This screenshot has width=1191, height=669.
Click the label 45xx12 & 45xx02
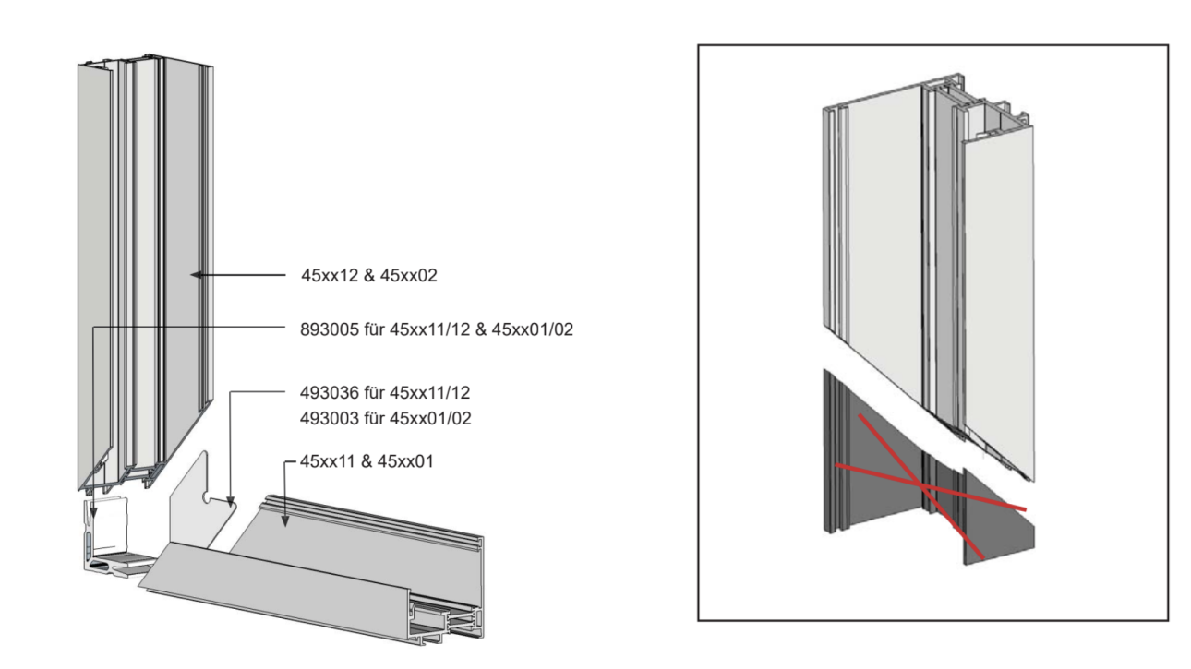pos(369,275)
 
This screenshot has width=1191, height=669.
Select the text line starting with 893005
pos(437,329)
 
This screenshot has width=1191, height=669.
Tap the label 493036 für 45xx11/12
pos(385,393)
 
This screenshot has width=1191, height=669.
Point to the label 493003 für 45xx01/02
pos(386,419)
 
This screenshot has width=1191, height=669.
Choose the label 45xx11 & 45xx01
pos(367,461)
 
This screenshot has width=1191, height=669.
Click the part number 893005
pos(330,329)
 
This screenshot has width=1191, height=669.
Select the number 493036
pos(330,393)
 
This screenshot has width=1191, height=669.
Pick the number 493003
pos(330,419)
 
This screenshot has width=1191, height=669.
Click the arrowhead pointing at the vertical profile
pos(196,275)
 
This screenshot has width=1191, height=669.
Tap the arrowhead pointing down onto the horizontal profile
pos(285,520)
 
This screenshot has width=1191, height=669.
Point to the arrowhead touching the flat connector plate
pos(230,500)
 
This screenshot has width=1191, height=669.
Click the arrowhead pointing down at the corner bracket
pos(93,511)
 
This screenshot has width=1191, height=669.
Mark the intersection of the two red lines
pos(922,484)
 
